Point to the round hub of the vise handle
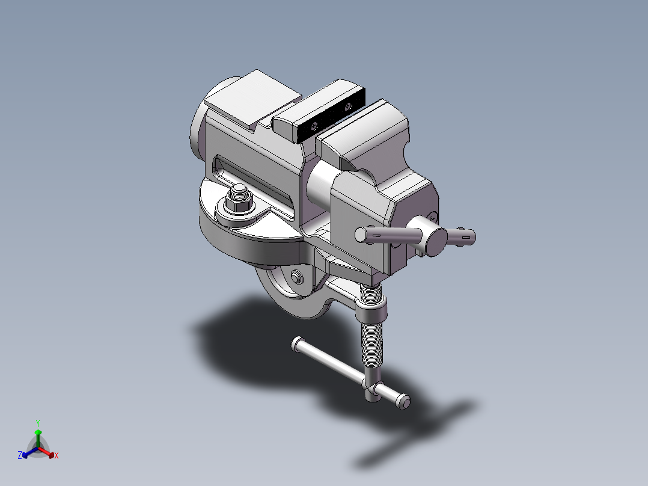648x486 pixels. click(x=435, y=241)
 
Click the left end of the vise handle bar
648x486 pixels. click(x=362, y=235)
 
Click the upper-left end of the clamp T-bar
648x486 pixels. click(x=296, y=343)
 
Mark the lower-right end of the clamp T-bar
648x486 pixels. click(x=403, y=401)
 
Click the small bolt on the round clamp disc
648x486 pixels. click(x=296, y=276)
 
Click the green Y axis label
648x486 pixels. click(x=37, y=422)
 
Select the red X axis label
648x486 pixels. click(x=57, y=456)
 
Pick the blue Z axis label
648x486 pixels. click(x=20, y=455)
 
